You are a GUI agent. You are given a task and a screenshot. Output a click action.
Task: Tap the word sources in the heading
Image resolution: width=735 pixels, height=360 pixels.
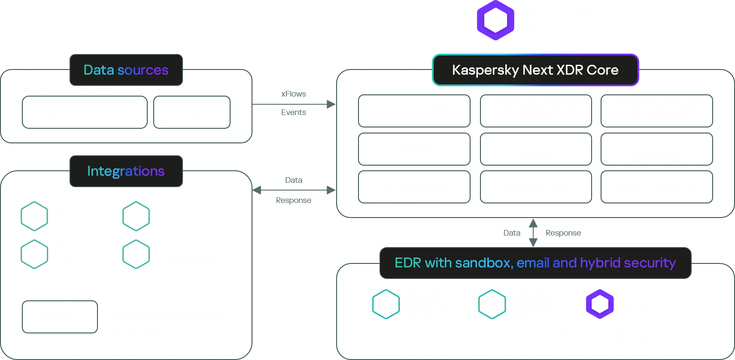click(143, 70)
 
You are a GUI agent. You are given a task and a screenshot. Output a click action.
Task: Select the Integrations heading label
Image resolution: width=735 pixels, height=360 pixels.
click(126, 171)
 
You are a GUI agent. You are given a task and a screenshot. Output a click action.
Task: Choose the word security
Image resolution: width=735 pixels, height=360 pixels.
click(650, 263)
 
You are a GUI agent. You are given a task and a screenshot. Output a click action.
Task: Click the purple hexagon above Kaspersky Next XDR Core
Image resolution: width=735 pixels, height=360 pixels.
click(495, 20)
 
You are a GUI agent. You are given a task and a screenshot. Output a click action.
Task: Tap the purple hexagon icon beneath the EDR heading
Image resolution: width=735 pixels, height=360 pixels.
click(599, 304)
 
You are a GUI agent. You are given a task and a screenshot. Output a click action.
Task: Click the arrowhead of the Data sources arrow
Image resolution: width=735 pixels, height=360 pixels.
click(331, 104)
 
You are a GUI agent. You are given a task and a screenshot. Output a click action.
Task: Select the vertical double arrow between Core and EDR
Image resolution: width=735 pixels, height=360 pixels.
click(533, 233)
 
